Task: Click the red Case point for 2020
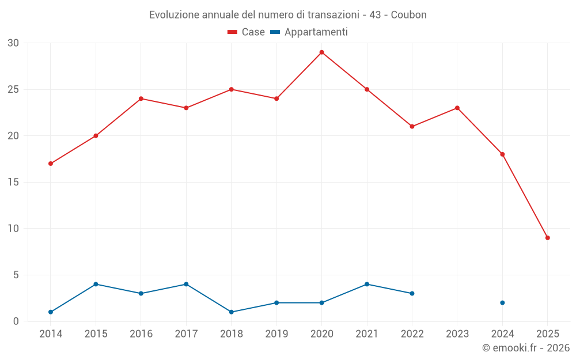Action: coord(321,52)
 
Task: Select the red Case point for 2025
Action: coord(547,238)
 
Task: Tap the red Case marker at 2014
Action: coord(51,164)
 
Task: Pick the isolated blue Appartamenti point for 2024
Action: coord(502,303)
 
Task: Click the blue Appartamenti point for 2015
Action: coord(96,284)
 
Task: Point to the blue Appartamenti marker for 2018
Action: coord(231,312)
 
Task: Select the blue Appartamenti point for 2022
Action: coord(412,294)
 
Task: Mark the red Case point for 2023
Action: coord(457,108)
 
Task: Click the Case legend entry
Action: coord(246,32)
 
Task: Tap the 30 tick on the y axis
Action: coord(13,43)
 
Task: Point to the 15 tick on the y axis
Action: coord(13,183)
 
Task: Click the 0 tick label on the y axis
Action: coord(16,321)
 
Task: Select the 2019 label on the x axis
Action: coord(276,334)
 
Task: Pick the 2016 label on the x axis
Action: coord(141,334)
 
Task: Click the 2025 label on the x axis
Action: coord(547,334)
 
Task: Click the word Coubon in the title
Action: coord(408,15)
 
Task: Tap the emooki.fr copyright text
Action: coord(526,348)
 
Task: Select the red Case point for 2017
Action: coord(186,108)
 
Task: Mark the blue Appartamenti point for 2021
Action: coord(367,284)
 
